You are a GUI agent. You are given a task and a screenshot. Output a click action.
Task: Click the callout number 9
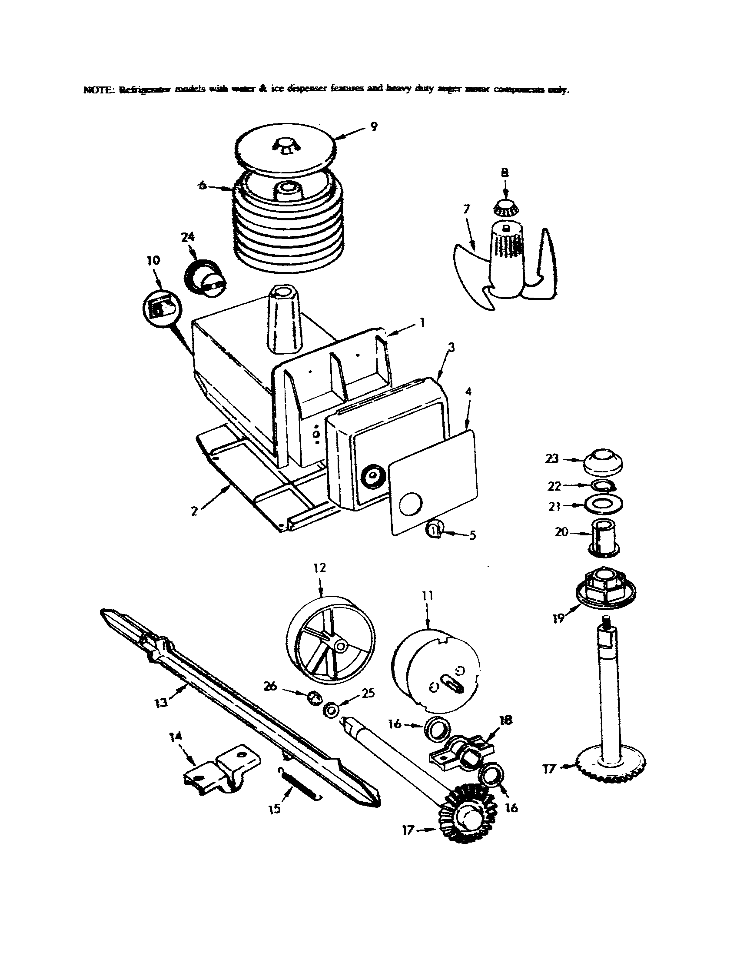[373, 127]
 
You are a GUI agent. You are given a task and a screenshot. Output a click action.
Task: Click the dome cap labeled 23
[604, 461]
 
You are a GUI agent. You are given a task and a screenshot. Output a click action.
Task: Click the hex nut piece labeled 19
[605, 585]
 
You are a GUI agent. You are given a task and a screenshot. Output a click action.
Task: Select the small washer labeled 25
[331, 710]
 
